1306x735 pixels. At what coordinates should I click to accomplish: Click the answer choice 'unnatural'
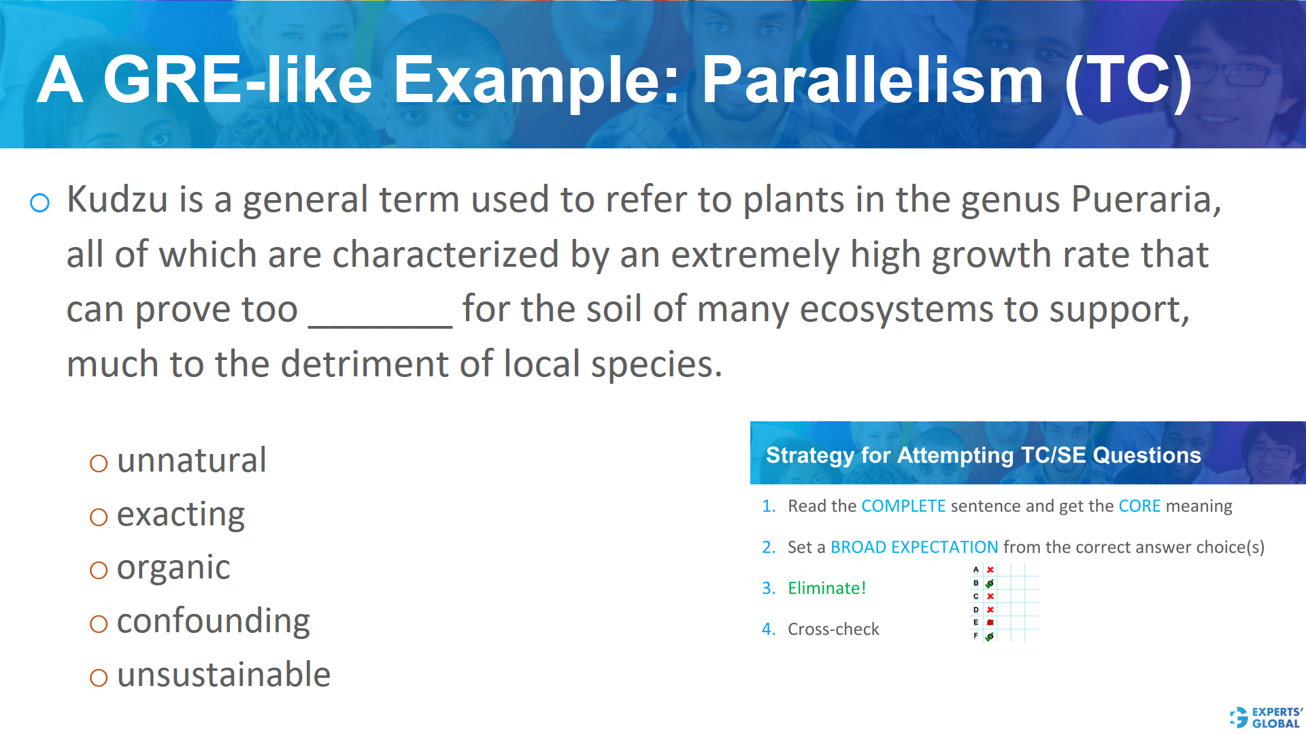(x=191, y=461)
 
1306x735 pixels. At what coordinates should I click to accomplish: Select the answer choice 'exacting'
(x=180, y=514)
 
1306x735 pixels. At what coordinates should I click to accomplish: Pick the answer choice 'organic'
(x=173, y=568)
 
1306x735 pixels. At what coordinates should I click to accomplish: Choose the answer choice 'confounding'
(x=213, y=621)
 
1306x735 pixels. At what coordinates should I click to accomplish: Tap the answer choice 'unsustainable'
(x=223, y=675)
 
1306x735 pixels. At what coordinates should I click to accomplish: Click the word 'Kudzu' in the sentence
(x=117, y=199)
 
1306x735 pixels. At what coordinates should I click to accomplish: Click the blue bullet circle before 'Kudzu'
(x=40, y=202)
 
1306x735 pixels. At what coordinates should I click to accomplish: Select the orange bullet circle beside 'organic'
(x=99, y=570)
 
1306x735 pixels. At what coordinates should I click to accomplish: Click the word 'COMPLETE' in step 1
(x=903, y=506)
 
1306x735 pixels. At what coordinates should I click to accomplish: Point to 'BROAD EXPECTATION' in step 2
(x=914, y=547)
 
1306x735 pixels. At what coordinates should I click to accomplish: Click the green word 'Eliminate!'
(x=826, y=588)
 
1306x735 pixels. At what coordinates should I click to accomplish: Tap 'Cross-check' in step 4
(x=833, y=630)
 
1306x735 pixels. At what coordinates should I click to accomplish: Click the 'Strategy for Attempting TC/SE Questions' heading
(x=983, y=455)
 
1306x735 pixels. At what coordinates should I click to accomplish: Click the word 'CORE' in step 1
(x=1139, y=506)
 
